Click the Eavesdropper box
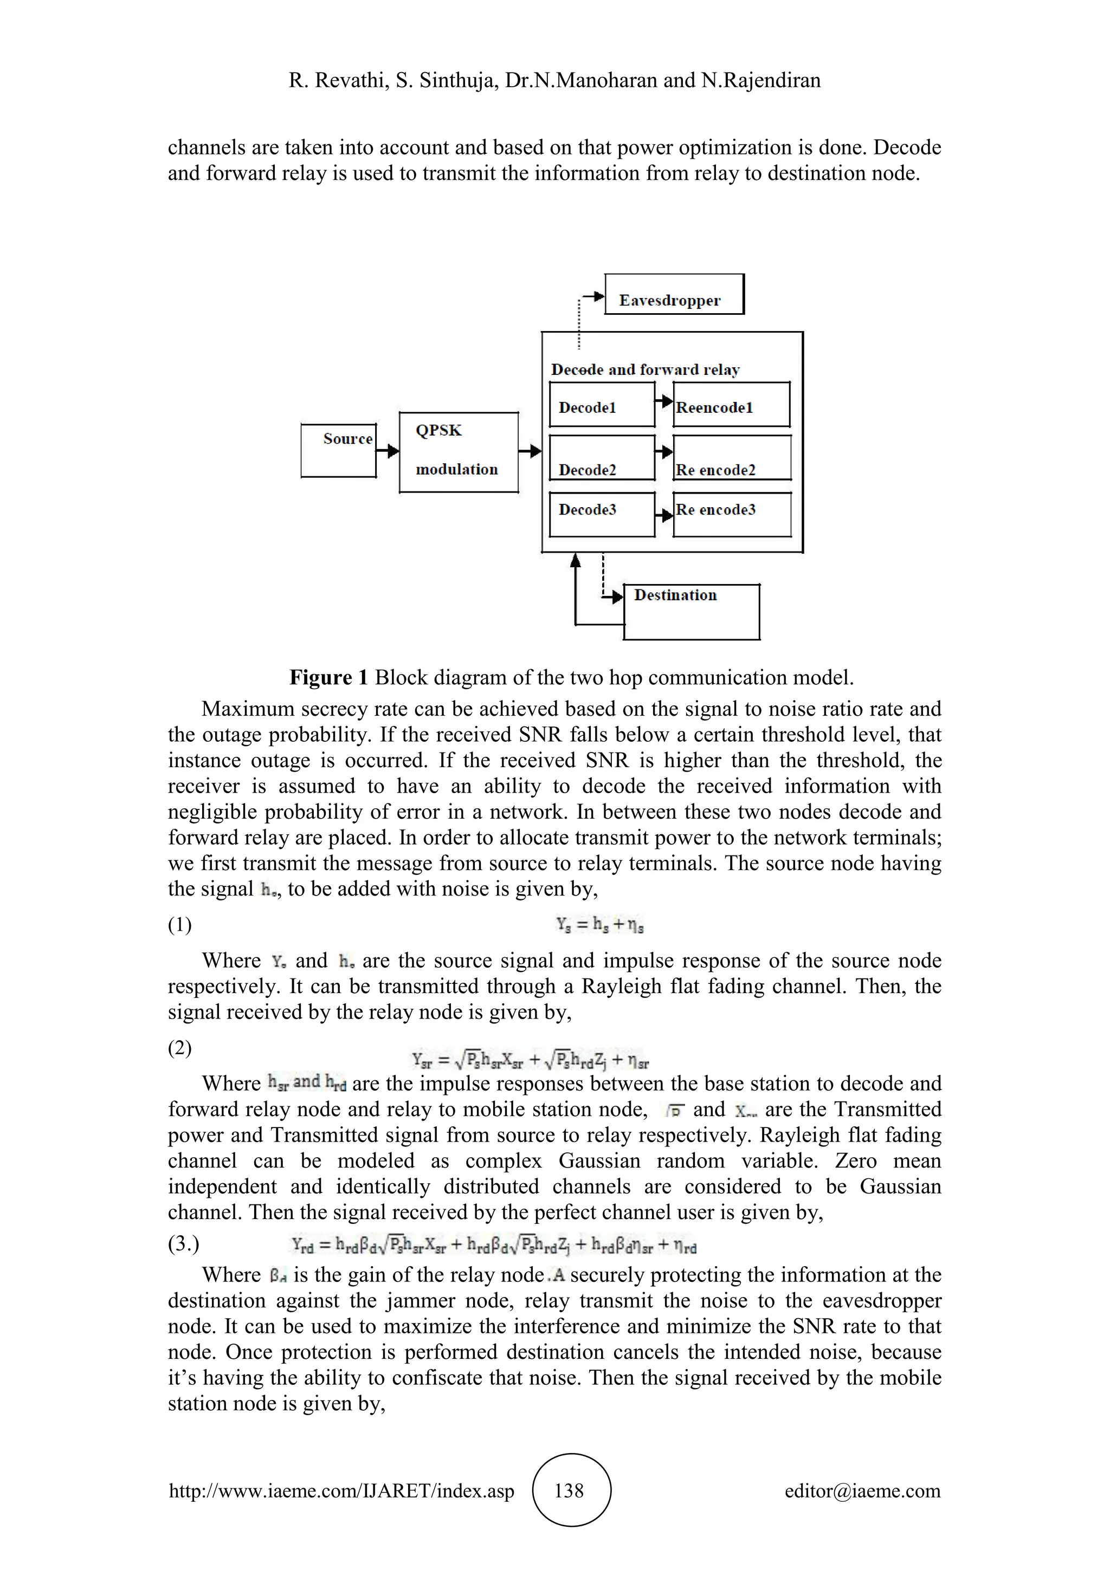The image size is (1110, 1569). tap(674, 295)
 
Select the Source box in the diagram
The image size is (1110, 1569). tap(339, 450)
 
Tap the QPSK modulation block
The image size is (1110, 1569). tap(459, 452)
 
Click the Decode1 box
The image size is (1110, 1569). tap(602, 405)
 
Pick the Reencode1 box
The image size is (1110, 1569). tap(731, 405)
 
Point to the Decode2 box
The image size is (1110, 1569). tap(602, 458)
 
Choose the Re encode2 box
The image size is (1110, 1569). tap(731, 458)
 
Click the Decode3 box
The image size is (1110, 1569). tap(602, 515)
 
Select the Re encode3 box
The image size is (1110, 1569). tap(731, 515)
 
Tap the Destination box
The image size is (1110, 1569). tap(691, 612)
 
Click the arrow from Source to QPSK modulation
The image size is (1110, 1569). tap(388, 451)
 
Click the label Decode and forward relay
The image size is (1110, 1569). tap(645, 369)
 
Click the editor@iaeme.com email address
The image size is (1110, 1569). tap(862, 1490)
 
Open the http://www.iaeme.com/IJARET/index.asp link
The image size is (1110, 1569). tap(341, 1490)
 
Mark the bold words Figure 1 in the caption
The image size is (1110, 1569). tap(329, 677)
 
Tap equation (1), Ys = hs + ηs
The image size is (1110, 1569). tap(600, 925)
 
